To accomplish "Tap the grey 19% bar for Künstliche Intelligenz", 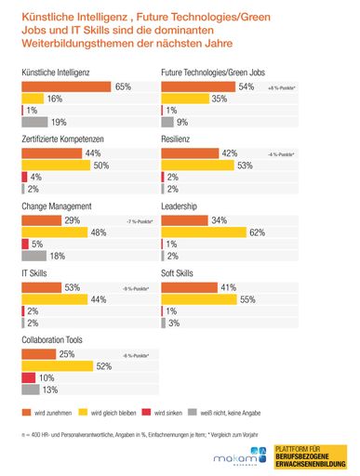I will pos(32,121).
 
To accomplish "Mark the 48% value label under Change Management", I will pos(98,231).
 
